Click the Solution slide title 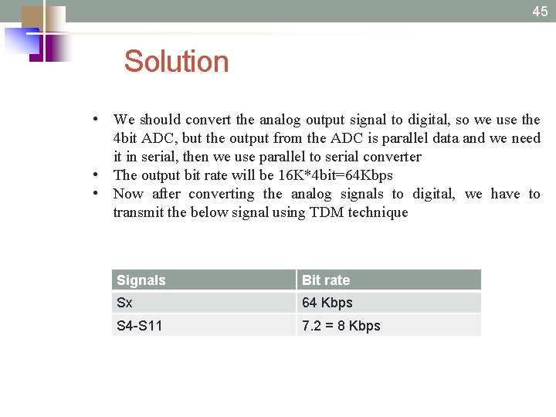pyautogui.click(x=176, y=62)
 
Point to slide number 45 pyautogui.click(x=540, y=11)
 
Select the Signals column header pyautogui.click(x=141, y=280)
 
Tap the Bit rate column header pyautogui.click(x=326, y=280)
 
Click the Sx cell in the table pyautogui.click(x=124, y=303)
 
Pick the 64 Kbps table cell pyautogui.click(x=327, y=303)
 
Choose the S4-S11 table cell pyautogui.click(x=140, y=326)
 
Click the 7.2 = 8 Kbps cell pyautogui.click(x=341, y=326)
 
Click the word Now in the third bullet pyautogui.click(x=128, y=194)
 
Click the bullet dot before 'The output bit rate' pyautogui.click(x=93, y=175)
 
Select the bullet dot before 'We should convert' pyautogui.click(x=93, y=119)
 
